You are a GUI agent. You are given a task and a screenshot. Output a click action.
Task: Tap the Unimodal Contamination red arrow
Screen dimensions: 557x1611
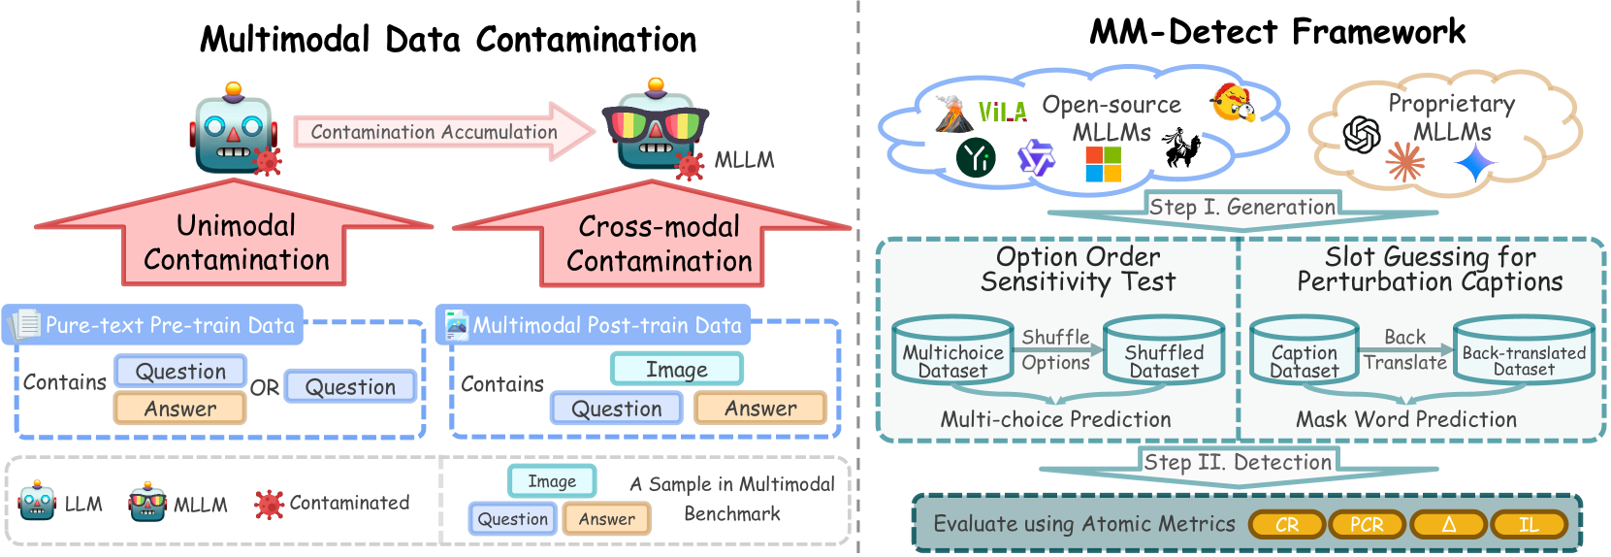coord(235,242)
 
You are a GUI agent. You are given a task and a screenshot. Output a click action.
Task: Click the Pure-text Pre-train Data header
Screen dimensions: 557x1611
coord(155,325)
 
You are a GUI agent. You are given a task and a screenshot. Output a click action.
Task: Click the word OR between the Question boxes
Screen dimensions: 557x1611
coord(265,388)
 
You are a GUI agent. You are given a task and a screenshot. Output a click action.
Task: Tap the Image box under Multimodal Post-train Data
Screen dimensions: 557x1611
coord(676,370)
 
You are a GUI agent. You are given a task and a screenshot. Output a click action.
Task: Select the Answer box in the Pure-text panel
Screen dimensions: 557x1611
coord(180,409)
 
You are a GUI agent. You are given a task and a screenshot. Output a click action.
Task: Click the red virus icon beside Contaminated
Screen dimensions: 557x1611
coord(269,504)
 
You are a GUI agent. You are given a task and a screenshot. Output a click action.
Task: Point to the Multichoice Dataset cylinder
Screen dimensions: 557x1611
coord(952,351)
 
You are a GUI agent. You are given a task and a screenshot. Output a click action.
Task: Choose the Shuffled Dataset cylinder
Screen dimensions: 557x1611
coord(1164,351)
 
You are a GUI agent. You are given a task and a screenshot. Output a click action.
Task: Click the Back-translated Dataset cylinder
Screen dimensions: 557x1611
coord(1524,351)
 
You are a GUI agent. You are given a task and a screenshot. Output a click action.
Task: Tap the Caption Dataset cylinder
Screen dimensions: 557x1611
coord(1304,351)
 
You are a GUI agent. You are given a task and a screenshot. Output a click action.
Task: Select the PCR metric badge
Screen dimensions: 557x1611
coord(1367,525)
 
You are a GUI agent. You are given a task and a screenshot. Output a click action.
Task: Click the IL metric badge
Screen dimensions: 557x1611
coord(1529,525)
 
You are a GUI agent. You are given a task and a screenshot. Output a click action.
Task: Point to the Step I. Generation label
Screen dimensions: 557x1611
coord(1241,207)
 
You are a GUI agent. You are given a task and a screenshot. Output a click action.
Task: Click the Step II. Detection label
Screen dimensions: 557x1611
coord(1238,462)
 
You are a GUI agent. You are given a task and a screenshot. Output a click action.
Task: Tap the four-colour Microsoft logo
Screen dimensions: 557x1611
coord(1103,164)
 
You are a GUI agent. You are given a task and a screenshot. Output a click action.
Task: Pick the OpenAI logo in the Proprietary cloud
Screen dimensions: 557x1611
coord(1362,135)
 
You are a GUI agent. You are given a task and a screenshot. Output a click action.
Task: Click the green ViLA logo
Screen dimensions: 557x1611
coord(1002,113)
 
